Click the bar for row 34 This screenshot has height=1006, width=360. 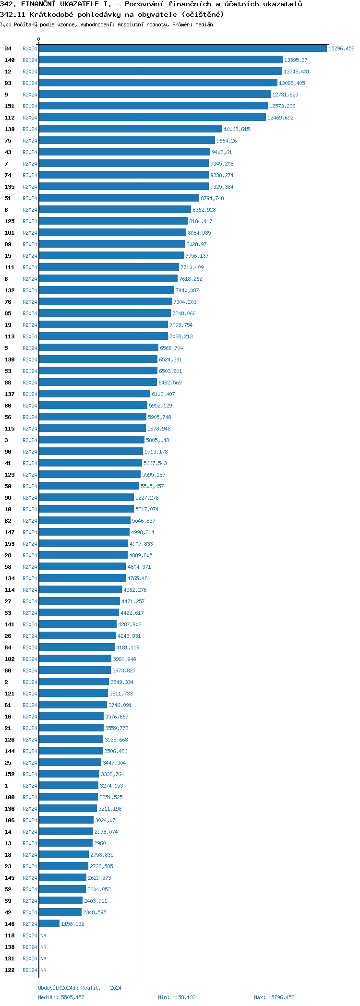(182, 48)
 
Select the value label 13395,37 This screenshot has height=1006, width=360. (296, 60)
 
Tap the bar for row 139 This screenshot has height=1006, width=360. (131, 129)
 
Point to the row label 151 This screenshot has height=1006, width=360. (10, 106)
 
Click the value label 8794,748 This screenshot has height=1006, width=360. (212, 198)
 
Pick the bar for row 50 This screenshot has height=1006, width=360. (89, 486)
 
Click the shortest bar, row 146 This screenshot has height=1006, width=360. (49, 924)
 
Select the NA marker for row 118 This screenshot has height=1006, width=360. (43, 935)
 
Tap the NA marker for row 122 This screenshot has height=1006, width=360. (43, 970)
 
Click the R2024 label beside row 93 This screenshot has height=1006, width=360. (30, 83)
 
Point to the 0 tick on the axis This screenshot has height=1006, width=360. (39, 39)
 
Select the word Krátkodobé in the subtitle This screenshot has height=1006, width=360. (50, 14)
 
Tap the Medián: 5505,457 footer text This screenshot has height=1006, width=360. (61, 997)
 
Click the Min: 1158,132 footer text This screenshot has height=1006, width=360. (177, 997)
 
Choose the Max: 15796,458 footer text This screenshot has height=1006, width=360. (274, 997)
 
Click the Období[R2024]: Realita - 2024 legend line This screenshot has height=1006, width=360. (80, 988)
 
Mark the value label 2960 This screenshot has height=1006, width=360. (100, 843)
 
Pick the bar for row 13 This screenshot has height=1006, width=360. (66, 843)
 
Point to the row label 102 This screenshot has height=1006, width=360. (10, 659)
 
